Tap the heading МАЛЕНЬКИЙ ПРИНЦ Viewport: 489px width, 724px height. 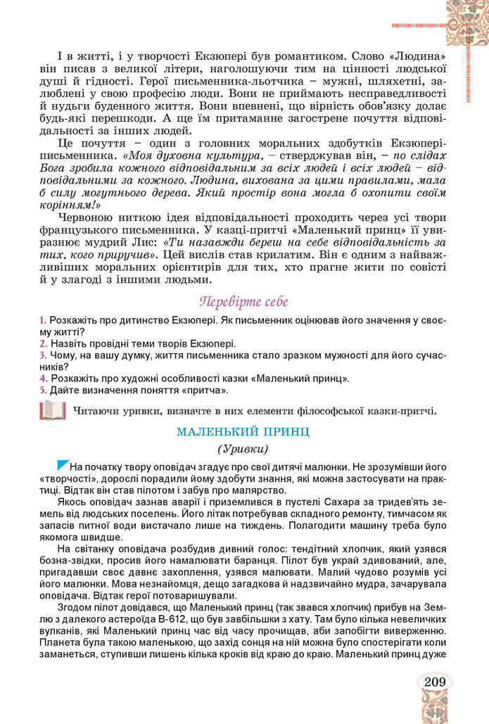point(243,431)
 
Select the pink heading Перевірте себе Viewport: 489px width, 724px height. point(243,301)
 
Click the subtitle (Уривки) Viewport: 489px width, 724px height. point(243,448)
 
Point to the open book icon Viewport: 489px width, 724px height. point(53,409)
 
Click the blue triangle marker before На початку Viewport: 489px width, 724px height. point(62,464)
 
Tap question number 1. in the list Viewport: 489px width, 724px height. point(43,320)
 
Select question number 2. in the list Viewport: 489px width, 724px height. point(43,343)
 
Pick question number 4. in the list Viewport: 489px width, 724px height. point(43,379)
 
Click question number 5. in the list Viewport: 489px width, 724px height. point(43,390)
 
